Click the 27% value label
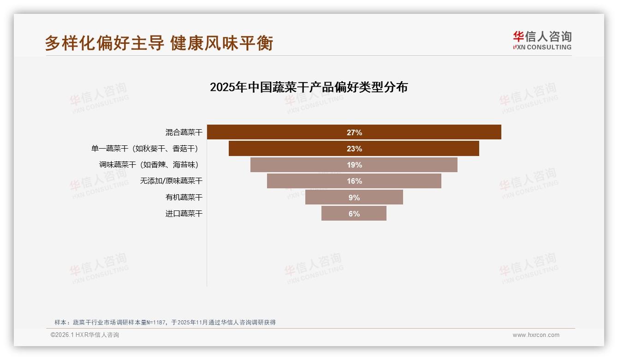pyautogui.click(x=354, y=132)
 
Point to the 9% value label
pyautogui.click(x=354, y=198)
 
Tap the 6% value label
pyautogui.click(x=354, y=214)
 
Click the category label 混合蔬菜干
pyautogui.click(x=184, y=132)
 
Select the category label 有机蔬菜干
pyautogui.click(x=184, y=198)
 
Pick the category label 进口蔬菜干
pyautogui.click(x=184, y=214)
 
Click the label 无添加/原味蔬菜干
pyautogui.click(x=171, y=181)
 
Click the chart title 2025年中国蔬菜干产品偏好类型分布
pyautogui.click(x=309, y=87)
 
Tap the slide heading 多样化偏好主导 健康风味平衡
pyautogui.click(x=159, y=43)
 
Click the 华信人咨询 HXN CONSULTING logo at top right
pyautogui.click(x=542, y=41)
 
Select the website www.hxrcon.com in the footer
pyautogui.click(x=536, y=335)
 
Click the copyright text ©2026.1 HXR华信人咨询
pyautogui.click(x=85, y=335)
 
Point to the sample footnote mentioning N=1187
pyautogui.click(x=165, y=322)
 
